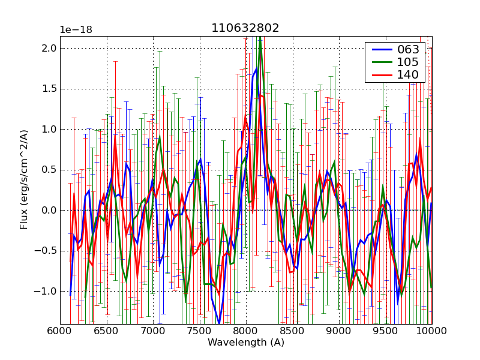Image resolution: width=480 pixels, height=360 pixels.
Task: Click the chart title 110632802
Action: [245, 28]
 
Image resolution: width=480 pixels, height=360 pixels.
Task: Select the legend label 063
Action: [409, 49]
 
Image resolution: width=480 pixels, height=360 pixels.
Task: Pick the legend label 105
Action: [409, 62]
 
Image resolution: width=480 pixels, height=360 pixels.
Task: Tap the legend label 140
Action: [409, 74]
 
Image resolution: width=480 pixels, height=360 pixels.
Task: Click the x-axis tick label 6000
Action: [60, 331]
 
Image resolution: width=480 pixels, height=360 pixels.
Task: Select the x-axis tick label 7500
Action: [199, 331]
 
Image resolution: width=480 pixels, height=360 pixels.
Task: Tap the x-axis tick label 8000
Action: [246, 331]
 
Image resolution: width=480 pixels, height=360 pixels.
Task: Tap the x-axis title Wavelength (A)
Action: [246, 343]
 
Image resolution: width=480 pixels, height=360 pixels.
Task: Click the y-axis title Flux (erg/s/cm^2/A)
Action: [24, 180]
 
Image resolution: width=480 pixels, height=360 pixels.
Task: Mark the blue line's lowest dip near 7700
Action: [219, 324]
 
